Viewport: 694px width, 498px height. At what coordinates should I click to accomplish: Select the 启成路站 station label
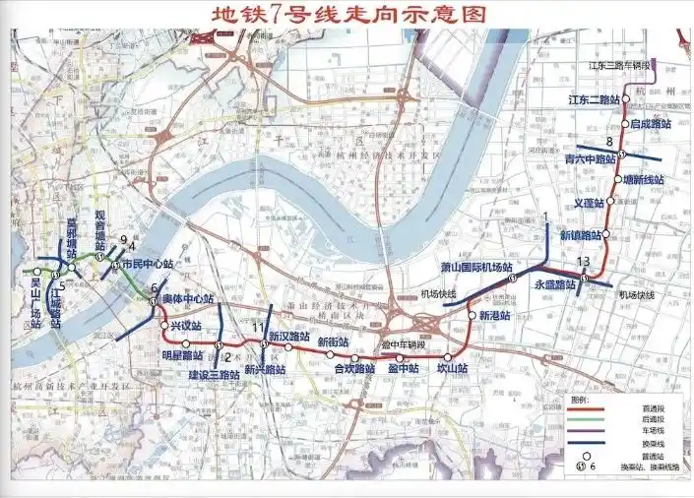pyautogui.click(x=649, y=124)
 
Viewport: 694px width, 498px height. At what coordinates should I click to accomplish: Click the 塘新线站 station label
pyautogui.click(x=645, y=180)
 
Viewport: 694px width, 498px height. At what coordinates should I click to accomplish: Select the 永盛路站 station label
pyautogui.click(x=554, y=285)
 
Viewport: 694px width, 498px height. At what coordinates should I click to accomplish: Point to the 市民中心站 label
pyautogui.click(x=148, y=264)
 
